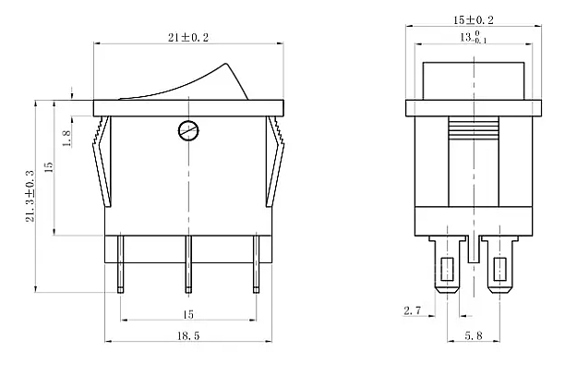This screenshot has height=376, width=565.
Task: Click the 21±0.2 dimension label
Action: (188, 38)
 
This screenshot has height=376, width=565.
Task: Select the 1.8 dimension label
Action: (66, 138)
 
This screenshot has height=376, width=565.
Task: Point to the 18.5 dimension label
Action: (188, 336)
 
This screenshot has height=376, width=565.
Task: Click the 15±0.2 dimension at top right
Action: (473, 20)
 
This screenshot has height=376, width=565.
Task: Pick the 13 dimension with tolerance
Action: (473, 37)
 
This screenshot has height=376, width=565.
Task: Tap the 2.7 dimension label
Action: (413, 310)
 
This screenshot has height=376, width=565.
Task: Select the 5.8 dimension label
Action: (473, 336)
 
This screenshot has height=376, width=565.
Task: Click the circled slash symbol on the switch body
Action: (188, 130)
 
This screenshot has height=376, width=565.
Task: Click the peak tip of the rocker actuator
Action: (227, 64)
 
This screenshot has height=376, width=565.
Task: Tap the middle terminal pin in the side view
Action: (188, 264)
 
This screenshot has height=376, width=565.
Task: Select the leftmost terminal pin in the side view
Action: (120, 264)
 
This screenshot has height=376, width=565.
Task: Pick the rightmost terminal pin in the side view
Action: (256, 264)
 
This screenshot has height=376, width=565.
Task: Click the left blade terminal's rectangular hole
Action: (447, 269)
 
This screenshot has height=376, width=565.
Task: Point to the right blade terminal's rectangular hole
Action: (499, 269)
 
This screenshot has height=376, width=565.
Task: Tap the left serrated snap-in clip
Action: (102, 162)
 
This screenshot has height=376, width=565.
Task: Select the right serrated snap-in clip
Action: (276, 162)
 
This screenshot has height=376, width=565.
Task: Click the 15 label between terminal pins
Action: (188, 315)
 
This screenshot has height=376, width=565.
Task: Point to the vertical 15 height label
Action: (49, 167)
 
